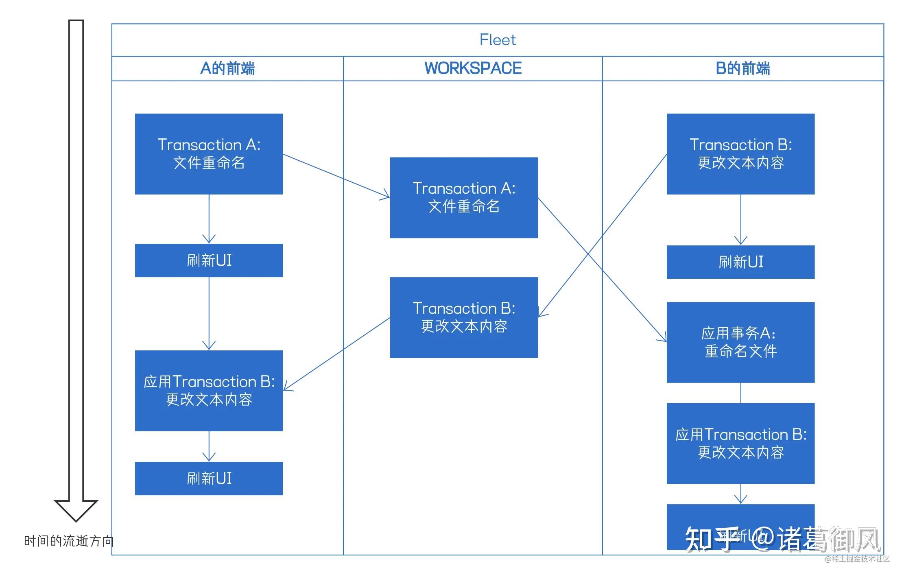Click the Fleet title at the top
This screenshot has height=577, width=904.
497,40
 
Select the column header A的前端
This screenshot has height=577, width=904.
227,68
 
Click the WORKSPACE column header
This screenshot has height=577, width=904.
473,68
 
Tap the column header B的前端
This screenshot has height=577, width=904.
742,68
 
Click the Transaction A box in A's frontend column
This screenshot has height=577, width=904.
209,154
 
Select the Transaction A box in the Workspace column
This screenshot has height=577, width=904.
464,197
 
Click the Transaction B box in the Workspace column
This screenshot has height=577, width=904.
464,317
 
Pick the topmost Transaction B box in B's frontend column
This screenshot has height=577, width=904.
740,154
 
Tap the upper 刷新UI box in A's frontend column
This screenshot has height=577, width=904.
209,260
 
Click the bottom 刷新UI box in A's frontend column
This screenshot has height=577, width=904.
209,478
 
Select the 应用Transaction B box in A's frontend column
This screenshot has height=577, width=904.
209,391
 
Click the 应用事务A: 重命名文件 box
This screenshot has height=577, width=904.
740,342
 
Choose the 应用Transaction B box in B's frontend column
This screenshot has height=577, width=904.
740,443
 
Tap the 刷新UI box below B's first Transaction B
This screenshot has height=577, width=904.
740,262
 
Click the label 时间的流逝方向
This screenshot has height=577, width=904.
68,541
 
